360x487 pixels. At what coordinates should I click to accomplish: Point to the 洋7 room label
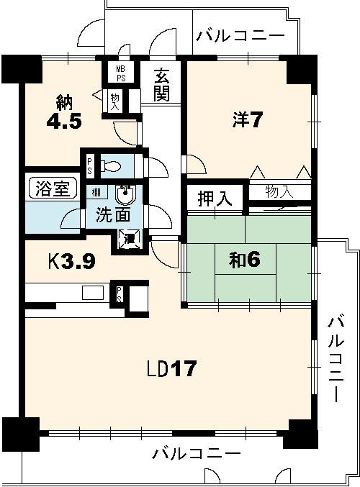click(x=246, y=119)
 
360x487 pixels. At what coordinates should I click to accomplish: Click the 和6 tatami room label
click(x=244, y=260)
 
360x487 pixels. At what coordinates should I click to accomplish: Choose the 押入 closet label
click(x=215, y=199)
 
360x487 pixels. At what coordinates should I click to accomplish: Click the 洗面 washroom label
click(x=114, y=214)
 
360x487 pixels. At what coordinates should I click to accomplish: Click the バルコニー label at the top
click(x=240, y=35)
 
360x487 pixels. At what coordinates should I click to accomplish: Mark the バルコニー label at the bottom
click(x=196, y=454)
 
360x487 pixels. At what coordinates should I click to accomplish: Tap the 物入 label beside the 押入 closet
click(x=279, y=191)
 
